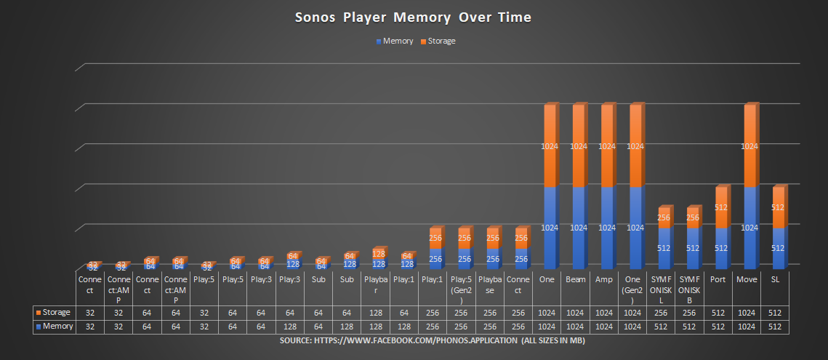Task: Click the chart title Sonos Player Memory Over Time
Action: tap(413, 17)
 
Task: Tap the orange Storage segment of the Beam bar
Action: tap(577, 146)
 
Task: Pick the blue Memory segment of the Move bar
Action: tap(749, 226)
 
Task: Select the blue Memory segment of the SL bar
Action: tap(777, 247)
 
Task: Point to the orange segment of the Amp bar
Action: tap(606, 146)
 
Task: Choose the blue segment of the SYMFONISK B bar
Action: tap(691, 247)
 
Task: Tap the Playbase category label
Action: tap(491, 284)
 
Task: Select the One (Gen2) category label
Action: tap(635, 284)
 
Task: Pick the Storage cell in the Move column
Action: tap(748, 313)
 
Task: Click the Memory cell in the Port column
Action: tap(720, 327)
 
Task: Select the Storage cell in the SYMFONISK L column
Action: tap(662, 313)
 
